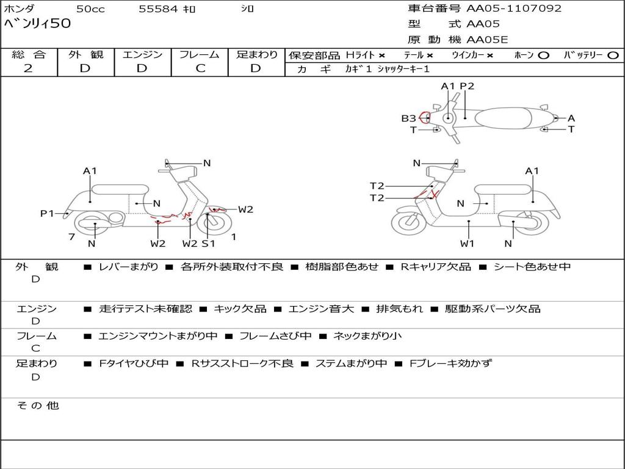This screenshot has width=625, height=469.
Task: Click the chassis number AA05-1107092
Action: click(x=514, y=9)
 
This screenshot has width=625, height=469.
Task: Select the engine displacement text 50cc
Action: click(x=90, y=9)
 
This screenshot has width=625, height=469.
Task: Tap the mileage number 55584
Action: click(x=158, y=9)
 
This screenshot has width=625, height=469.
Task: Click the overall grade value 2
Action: click(x=28, y=68)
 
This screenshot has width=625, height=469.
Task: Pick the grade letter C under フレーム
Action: click(x=200, y=68)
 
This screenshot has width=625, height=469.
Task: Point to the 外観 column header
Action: click(x=85, y=54)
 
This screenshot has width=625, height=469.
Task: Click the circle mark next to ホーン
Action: click(x=543, y=56)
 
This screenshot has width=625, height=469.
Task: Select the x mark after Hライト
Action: click(x=382, y=56)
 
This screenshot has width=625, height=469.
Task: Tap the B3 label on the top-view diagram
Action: click(x=408, y=118)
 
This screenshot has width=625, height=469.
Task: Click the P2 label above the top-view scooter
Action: click(x=467, y=86)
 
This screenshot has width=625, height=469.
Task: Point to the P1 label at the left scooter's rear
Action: click(x=47, y=213)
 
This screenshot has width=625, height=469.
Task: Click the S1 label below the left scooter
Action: click(x=208, y=243)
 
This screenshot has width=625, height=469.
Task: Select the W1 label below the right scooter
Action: click(x=467, y=243)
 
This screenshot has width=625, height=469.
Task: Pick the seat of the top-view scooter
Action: click(x=504, y=118)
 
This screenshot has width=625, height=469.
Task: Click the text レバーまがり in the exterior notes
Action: click(x=128, y=266)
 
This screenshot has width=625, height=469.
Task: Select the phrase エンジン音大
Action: click(x=321, y=308)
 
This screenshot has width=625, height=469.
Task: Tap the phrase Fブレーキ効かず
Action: click(x=451, y=363)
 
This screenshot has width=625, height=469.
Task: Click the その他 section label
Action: click(x=38, y=405)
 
